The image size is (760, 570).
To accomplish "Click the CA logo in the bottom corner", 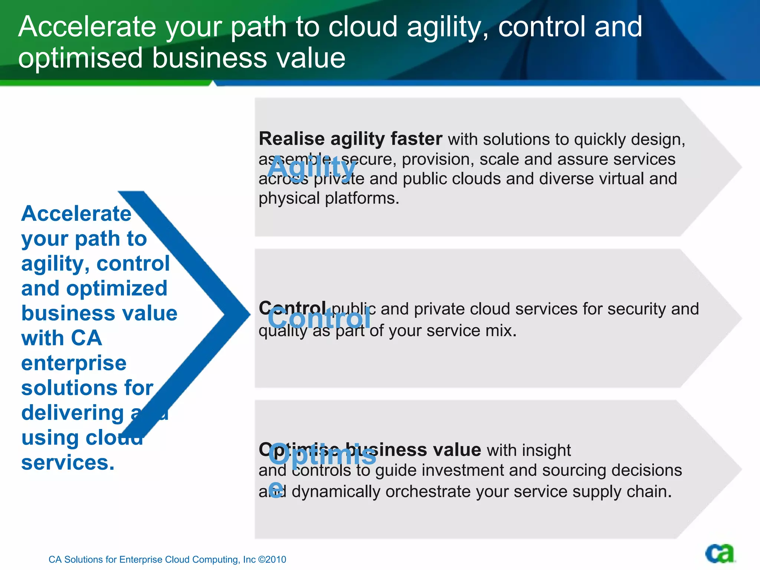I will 720,554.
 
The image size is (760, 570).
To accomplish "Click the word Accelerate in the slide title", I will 87,27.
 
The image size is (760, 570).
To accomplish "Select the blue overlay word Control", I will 319,319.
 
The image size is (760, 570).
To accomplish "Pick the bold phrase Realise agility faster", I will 350,139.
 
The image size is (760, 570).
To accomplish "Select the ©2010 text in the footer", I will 272,559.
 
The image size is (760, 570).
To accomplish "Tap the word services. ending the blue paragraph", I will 68,463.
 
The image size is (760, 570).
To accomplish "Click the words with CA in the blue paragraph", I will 62,338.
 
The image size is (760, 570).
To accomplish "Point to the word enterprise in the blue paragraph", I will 74,363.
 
